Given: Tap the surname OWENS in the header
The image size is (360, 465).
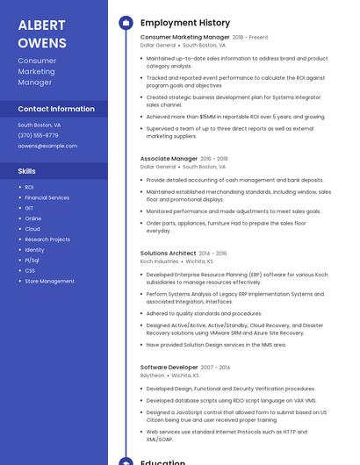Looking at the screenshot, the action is pyautogui.click(x=42, y=42).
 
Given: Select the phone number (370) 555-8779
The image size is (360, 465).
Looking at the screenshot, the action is pyautogui.click(x=38, y=135).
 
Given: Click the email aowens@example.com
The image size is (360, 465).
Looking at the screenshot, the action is pyautogui.click(x=47, y=146).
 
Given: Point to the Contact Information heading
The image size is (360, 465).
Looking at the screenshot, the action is pyautogui.click(x=56, y=109).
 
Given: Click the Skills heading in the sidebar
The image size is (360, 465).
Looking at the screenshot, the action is pyautogui.click(x=27, y=170).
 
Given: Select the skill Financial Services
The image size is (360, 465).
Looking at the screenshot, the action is pyautogui.click(x=47, y=197).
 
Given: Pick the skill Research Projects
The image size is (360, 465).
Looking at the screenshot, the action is pyautogui.click(x=47, y=240).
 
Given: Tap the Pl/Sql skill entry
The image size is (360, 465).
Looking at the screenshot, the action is pyautogui.click(x=32, y=260).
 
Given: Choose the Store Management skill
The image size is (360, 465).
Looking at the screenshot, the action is pyautogui.click(x=49, y=281).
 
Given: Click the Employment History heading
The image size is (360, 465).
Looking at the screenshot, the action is pyautogui.click(x=185, y=23).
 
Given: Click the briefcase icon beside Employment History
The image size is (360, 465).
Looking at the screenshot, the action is pyautogui.click(x=126, y=23).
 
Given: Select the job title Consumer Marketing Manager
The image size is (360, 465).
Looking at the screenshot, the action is pyautogui.click(x=184, y=38).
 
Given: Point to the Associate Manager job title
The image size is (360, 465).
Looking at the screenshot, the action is pyautogui.click(x=169, y=159).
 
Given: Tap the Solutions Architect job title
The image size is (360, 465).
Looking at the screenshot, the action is pyautogui.click(x=168, y=253).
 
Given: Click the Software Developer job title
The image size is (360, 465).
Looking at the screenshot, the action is pyautogui.click(x=169, y=367).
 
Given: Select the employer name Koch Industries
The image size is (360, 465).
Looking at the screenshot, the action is pyautogui.click(x=159, y=261).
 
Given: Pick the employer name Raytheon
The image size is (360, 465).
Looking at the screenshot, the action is pyautogui.click(x=152, y=375).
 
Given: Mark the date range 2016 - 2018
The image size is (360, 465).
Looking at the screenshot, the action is pyautogui.click(x=214, y=159).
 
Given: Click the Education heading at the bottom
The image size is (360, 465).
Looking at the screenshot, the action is pyautogui.click(x=162, y=461).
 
